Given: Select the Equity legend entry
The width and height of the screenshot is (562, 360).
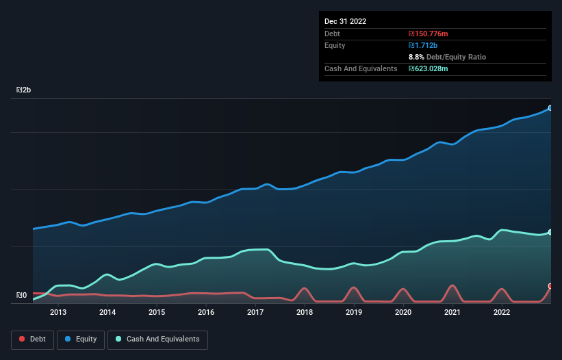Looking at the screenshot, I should [x=81, y=339].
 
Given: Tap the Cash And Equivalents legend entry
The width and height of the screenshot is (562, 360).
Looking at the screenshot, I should [x=157, y=339].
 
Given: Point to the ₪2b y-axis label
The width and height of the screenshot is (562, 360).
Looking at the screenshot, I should [x=24, y=90].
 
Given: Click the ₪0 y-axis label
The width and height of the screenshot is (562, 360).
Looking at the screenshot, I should [x=21, y=296].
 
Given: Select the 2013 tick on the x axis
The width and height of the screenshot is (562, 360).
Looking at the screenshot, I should [x=58, y=312].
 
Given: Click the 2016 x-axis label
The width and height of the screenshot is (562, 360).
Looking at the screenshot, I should [x=206, y=312].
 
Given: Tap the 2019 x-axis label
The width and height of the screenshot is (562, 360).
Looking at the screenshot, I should [x=354, y=312].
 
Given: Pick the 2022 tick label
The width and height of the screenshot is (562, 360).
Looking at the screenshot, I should [x=502, y=312].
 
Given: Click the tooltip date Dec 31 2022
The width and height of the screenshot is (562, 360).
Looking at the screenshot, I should [x=346, y=21].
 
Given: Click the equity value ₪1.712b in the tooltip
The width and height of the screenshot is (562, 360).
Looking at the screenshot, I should [x=424, y=45].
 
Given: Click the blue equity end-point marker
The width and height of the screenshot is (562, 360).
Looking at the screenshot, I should [x=550, y=108].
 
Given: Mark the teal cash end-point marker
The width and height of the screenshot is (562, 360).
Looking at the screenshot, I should [x=550, y=233].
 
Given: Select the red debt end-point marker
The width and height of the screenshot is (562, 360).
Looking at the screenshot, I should [x=550, y=286].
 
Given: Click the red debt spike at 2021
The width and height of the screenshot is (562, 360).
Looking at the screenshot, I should [x=452, y=285].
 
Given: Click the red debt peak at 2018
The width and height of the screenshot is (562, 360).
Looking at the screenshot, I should [x=304, y=288].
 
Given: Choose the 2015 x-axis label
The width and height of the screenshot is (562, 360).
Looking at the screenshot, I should [x=157, y=312].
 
